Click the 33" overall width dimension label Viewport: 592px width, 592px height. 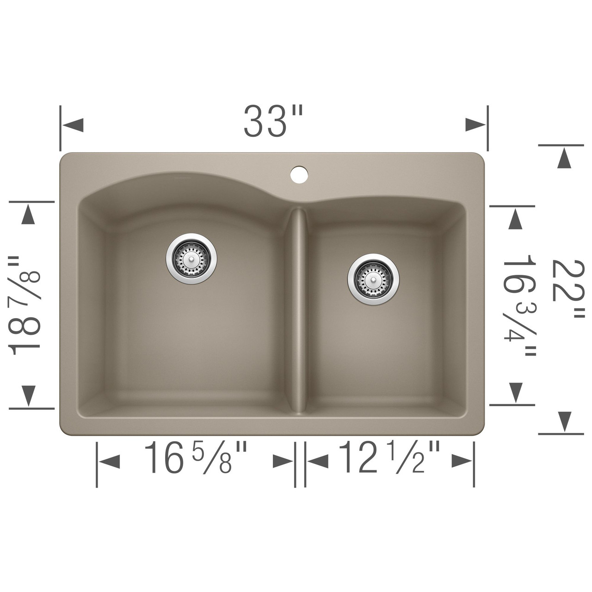pos(273,121)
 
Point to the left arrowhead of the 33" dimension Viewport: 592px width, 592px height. pos(73,125)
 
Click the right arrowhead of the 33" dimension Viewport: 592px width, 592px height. pos(475,125)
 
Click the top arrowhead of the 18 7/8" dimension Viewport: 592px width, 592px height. pos(29,215)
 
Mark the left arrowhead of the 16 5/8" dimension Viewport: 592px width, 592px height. pos(110,461)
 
